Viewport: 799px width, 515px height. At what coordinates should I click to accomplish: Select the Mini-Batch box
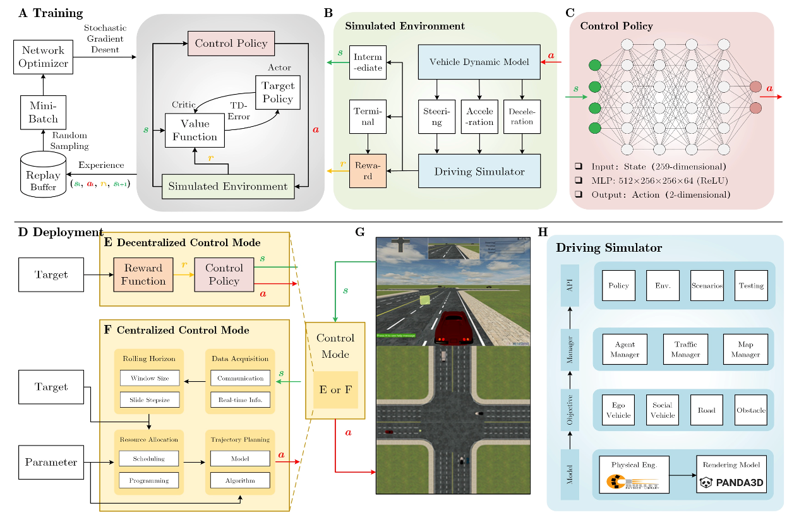coord(43,112)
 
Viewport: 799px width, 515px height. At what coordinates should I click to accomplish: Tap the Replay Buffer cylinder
coord(43,174)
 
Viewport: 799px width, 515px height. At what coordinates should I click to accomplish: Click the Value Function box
coord(195,130)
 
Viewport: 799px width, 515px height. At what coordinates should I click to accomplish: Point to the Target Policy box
coord(278,92)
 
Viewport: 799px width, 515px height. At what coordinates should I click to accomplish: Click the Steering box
coord(436,117)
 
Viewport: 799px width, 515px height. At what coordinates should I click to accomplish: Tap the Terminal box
coord(367,117)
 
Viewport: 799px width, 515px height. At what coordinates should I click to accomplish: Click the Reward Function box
coord(143,275)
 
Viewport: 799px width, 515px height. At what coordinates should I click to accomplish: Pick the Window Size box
coord(149,378)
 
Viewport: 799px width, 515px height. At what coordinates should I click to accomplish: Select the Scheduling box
coord(149,458)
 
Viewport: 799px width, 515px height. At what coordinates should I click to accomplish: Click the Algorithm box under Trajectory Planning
coord(240,480)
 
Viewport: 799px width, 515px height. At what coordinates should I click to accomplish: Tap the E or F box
coord(335,389)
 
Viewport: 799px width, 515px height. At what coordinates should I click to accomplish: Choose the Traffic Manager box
coord(685,350)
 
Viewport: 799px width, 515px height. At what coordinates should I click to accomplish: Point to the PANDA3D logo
coord(728,483)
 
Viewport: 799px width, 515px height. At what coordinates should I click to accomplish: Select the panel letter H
coord(543,232)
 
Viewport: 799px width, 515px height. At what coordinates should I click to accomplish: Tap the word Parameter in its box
coord(51,463)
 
